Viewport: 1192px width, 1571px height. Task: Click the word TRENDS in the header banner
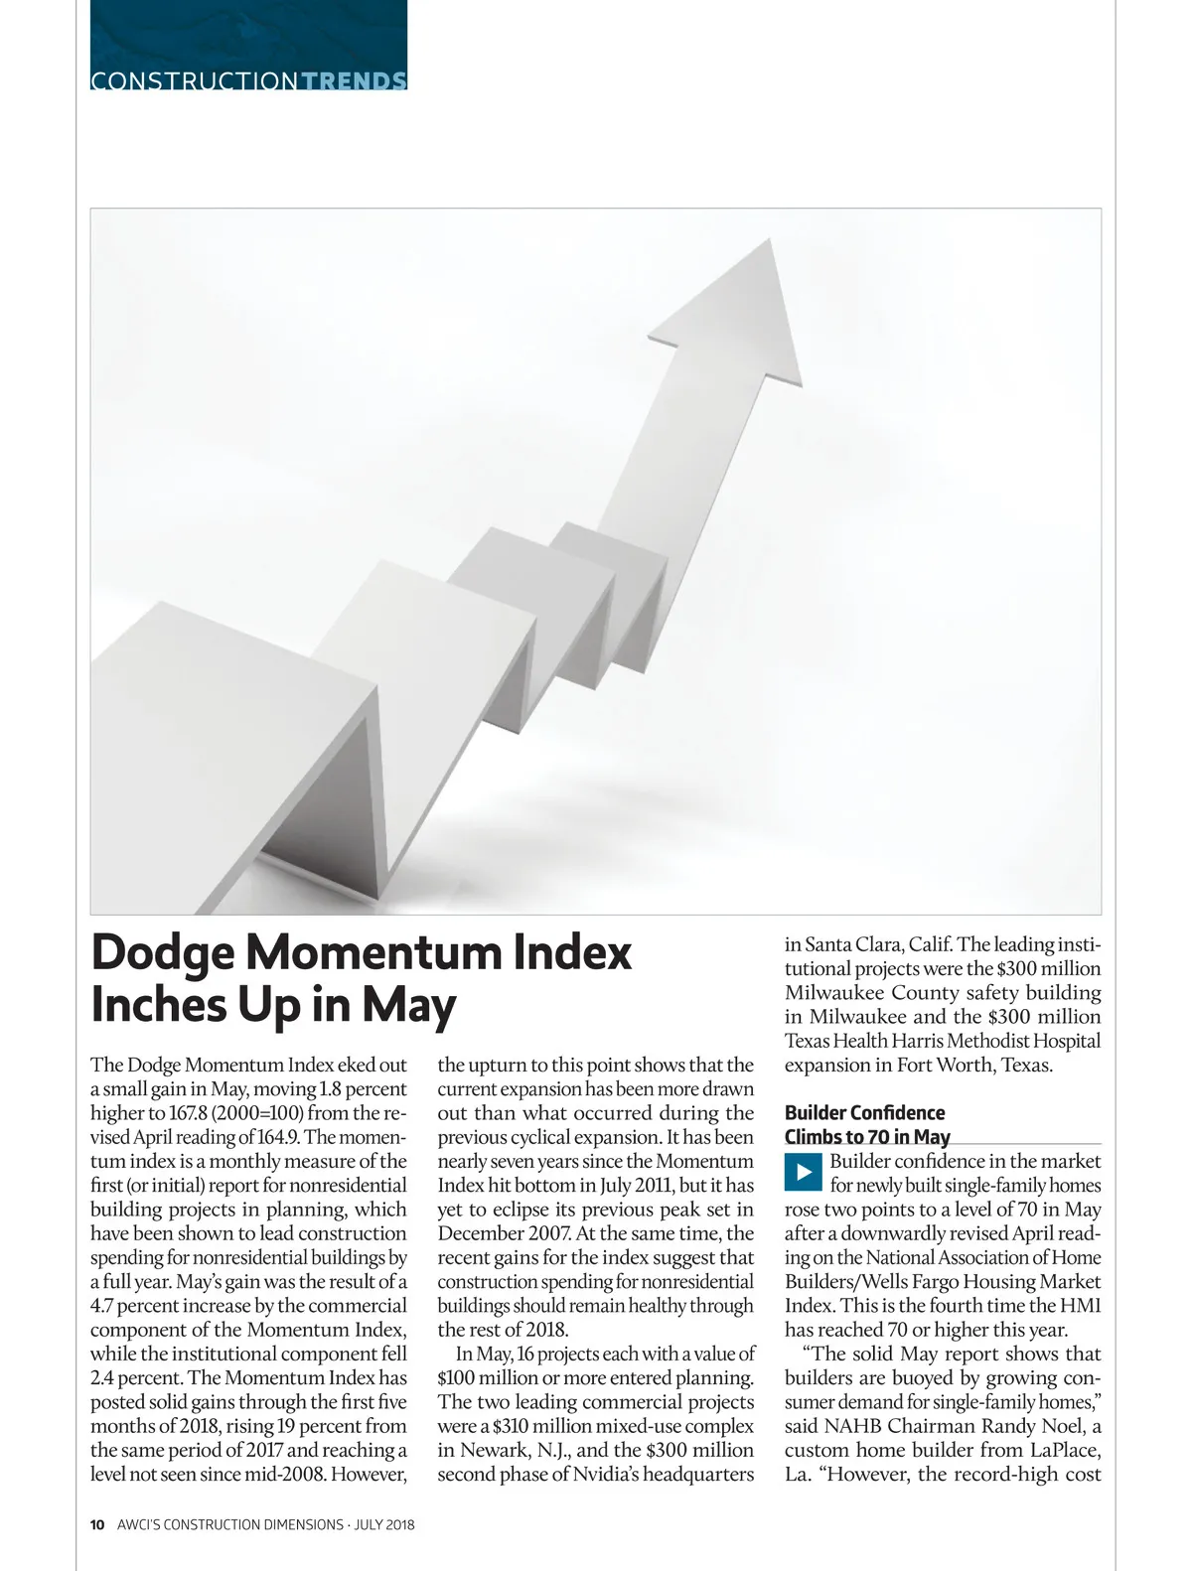(x=353, y=81)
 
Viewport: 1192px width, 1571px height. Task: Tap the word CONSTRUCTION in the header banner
(x=194, y=81)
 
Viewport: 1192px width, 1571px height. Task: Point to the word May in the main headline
(x=408, y=1005)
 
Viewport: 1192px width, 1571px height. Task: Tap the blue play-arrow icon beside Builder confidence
(x=804, y=1173)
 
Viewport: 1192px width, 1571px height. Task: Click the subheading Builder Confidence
(x=864, y=1113)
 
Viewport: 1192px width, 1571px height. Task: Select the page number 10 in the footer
(x=97, y=1524)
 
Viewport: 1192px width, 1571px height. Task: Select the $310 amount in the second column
(x=514, y=1427)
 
